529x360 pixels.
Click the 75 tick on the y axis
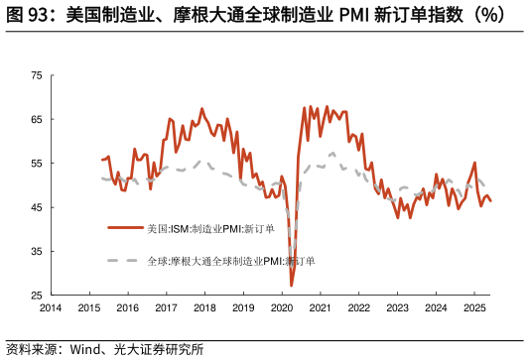[x=36, y=75]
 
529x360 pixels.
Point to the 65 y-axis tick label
[x=36, y=119]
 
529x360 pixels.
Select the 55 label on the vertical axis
[x=36, y=164]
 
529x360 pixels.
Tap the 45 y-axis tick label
[x=36, y=207]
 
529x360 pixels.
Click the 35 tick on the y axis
[x=36, y=252]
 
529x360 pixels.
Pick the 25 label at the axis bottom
[x=36, y=296]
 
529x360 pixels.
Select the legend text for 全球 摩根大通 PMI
[x=230, y=261]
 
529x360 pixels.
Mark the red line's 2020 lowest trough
[x=292, y=286]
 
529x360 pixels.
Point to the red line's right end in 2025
[x=490, y=201]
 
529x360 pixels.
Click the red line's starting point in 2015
[x=102, y=159]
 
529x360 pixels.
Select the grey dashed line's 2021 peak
[x=332, y=154]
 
